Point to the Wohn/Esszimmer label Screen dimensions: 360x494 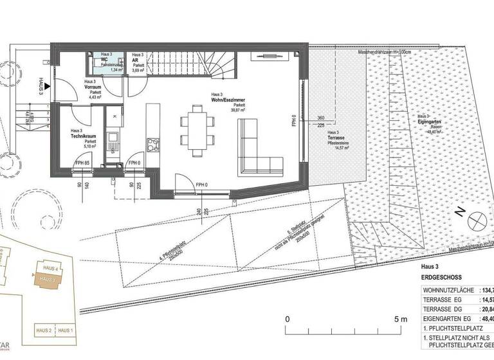click(x=226, y=99)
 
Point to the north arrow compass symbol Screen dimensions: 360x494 click(x=477, y=222)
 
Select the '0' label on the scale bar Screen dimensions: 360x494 click(x=288, y=318)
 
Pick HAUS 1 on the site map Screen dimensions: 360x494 click(x=66, y=330)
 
